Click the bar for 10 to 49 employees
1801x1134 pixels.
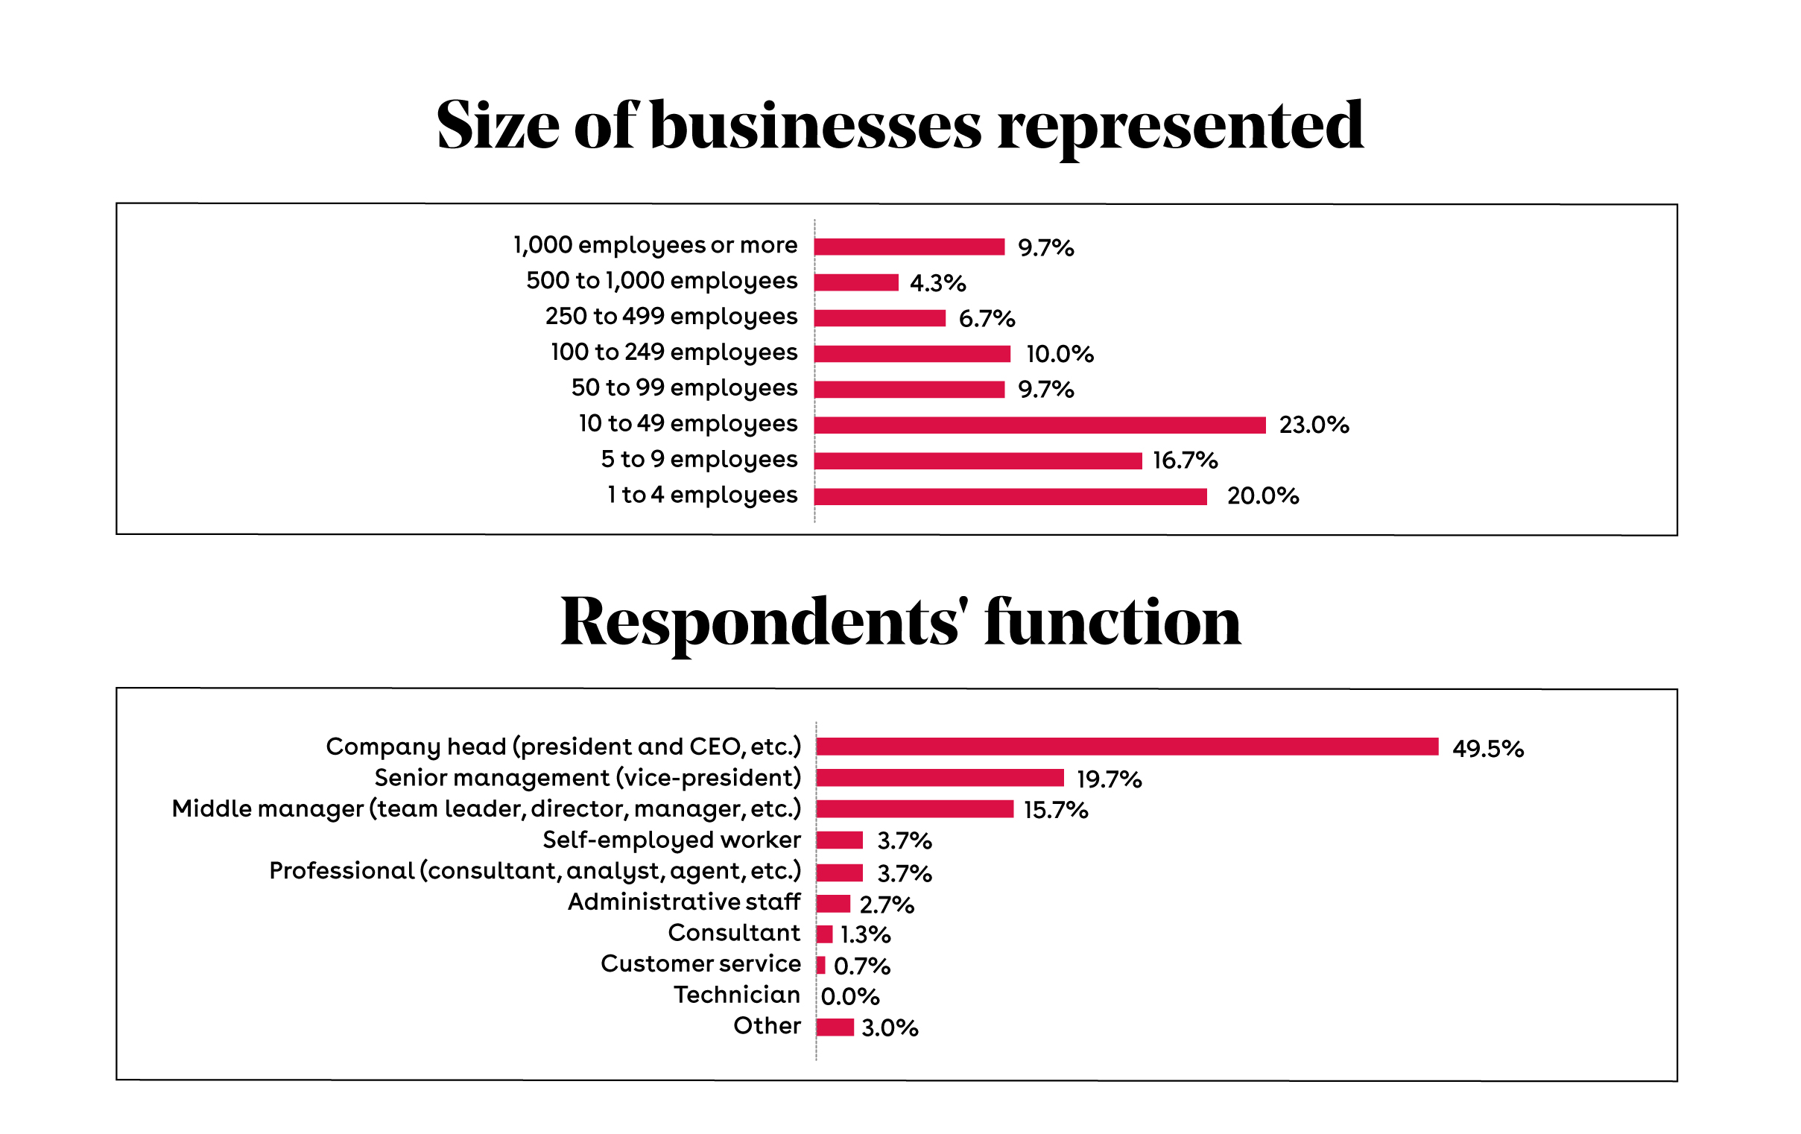(1039, 425)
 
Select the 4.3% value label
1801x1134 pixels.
(937, 282)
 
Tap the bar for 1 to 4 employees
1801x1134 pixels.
(1010, 497)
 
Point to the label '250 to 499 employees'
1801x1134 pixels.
(671, 317)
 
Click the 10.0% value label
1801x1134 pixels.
(1059, 354)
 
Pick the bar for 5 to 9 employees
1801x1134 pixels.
(978, 460)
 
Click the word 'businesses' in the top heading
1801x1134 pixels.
(815, 126)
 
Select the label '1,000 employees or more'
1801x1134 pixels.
(655, 245)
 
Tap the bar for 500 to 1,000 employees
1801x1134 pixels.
(855, 282)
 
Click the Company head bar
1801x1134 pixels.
(1127, 747)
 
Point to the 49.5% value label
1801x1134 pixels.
(1487, 749)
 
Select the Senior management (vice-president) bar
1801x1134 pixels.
(940, 778)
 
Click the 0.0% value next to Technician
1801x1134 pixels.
(849, 996)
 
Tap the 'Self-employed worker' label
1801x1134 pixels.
(671, 840)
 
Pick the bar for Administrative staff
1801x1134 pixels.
(833, 904)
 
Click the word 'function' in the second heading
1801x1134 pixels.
(1112, 622)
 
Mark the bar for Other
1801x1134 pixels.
(835, 1027)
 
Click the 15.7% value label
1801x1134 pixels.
(1055, 810)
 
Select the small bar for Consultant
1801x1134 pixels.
(824, 934)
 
